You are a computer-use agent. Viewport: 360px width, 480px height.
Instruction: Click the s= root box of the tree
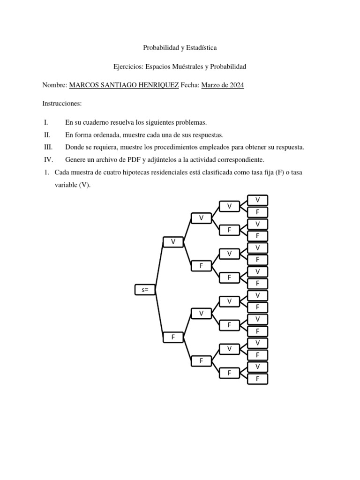point(144,290)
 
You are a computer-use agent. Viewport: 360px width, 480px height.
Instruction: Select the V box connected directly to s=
point(173,242)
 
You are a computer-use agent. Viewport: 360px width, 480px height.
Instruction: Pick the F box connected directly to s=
point(173,337)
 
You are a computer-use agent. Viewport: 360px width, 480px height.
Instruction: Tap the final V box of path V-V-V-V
point(258,200)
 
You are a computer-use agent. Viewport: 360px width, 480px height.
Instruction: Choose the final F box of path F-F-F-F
point(258,379)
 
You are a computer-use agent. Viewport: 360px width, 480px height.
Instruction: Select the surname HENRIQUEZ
point(155,85)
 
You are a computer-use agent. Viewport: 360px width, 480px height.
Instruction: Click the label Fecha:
point(190,85)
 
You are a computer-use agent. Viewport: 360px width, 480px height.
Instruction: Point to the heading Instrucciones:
point(62,103)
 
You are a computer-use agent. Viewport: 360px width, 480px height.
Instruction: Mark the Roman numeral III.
point(47,147)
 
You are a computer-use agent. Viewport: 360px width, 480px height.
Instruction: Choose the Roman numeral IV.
point(48,159)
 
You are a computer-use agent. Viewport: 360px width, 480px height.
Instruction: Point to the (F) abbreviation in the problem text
point(285,172)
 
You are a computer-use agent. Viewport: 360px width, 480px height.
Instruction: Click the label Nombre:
point(55,85)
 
